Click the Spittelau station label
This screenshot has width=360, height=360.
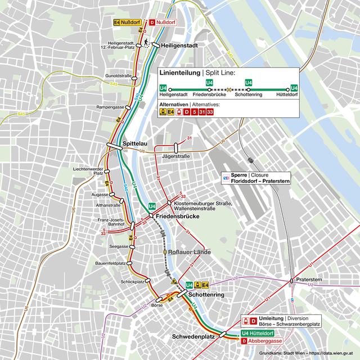click(x=135, y=143)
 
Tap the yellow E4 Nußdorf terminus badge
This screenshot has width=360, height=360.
click(x=127, y=22)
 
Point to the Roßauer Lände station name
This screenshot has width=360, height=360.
click(x=190, y=252)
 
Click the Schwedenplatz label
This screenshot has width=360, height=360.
click(x=193, y=336)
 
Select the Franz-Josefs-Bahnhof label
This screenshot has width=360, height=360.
click(x=111, y=222)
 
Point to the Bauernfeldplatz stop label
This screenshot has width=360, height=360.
click(x=110, y=263)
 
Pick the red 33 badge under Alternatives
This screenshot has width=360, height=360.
click(x=210, y=112)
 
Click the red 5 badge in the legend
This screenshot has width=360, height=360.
click(x=194, y=112)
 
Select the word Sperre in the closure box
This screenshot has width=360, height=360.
click(x=241, y=175)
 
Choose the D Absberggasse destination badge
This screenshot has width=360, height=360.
click(x=265, y=341)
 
